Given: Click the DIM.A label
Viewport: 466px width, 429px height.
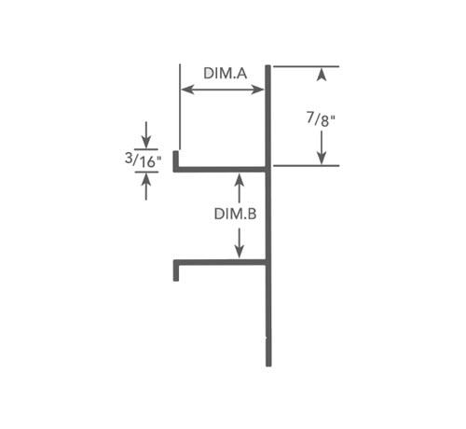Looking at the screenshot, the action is (x=226, y=74).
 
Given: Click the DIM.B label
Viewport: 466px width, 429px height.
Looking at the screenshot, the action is (x=235, y=214).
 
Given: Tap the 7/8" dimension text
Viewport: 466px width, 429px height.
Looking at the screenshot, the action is (x=322, y=119).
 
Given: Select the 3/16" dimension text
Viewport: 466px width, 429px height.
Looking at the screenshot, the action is (x=143, y=160).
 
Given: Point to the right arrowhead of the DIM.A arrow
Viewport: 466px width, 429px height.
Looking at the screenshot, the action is (x=258, y=90).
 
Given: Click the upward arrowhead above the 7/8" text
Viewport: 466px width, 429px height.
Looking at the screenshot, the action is (x=322, y=75).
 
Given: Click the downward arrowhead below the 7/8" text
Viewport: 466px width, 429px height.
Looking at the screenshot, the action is (x=322, y=158).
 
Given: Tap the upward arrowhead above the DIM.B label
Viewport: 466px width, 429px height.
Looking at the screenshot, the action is (x=239, y=180).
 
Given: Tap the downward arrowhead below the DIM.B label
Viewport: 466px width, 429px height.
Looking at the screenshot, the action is (x=239, y=252).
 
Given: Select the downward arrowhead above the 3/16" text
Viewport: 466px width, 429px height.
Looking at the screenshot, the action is (x=146, y=142).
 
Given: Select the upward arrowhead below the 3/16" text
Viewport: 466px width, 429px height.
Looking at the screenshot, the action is (x=146, y=180).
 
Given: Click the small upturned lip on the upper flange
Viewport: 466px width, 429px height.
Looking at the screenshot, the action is (x=175, y=159).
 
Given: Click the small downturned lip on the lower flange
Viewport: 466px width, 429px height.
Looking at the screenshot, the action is (x=176, y=272).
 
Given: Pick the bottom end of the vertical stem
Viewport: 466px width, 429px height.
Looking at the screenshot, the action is (x=268, y=366).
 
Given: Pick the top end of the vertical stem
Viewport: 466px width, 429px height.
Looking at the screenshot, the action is (x=267, y=65).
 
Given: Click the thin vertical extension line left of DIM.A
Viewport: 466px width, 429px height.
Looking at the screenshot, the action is (x=180, y=107).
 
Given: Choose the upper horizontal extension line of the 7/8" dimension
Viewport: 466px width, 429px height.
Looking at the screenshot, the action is (x=306, y=66).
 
